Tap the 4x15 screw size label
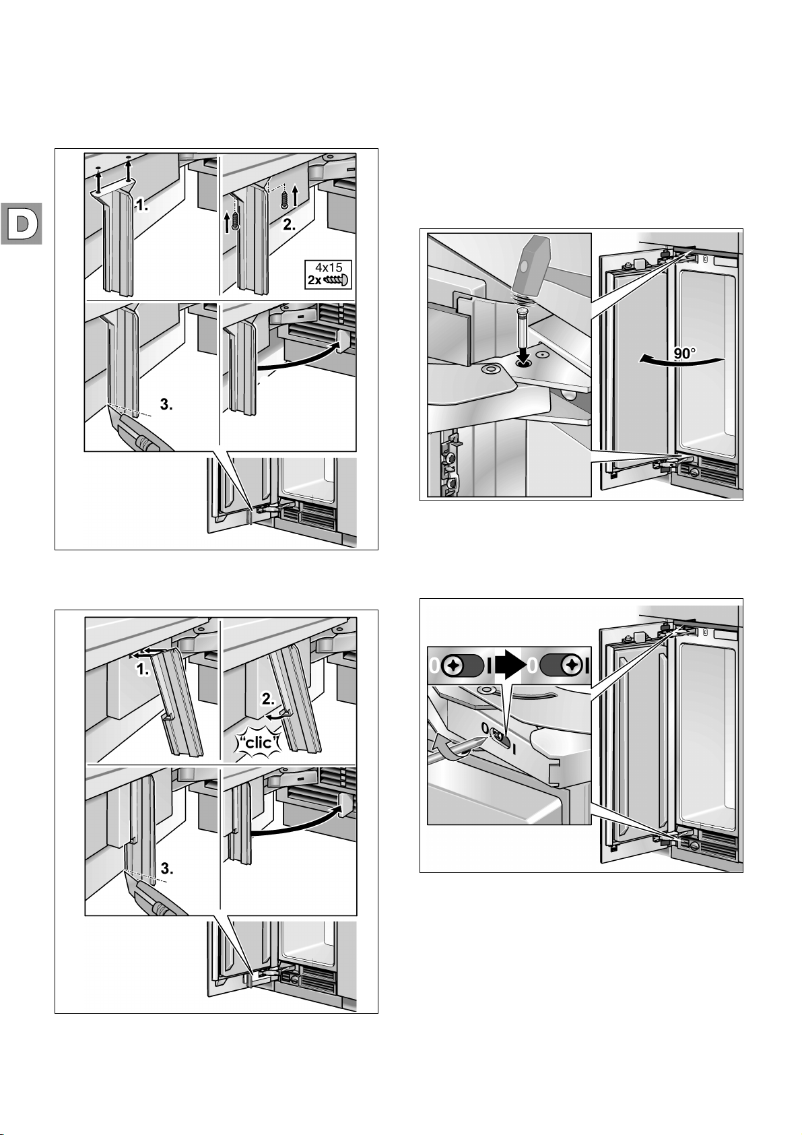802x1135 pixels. [329, 267]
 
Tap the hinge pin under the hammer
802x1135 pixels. [521, 336]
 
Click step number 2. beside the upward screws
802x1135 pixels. [289, 226]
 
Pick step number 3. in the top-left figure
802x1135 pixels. [168, 405]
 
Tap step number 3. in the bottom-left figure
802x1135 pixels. [166, 869]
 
